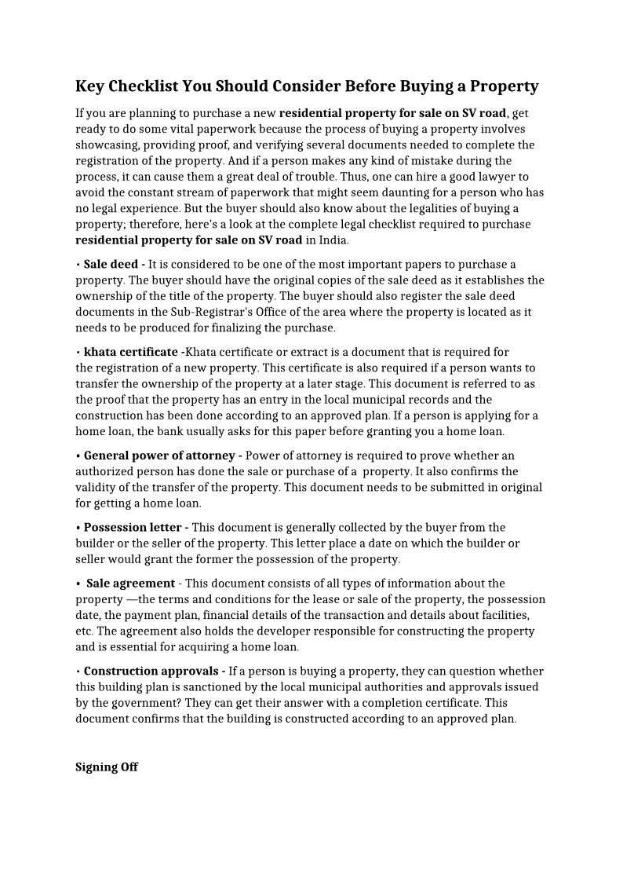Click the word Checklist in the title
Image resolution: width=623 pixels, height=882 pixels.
coord(144,86)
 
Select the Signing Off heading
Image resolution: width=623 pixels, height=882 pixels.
coord(107,767)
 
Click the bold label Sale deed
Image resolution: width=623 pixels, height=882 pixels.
coord(111,264)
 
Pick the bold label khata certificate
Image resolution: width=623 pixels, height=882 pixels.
coord(130,352)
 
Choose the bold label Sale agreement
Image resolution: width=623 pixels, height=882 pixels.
coord(130,583)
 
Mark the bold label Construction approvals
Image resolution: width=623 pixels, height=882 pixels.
coord(151,671)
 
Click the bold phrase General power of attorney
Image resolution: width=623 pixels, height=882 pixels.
coord(159,456)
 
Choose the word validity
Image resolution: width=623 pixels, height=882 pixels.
coord(97,487)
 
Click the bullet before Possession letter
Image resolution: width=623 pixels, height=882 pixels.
coord(78,528)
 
